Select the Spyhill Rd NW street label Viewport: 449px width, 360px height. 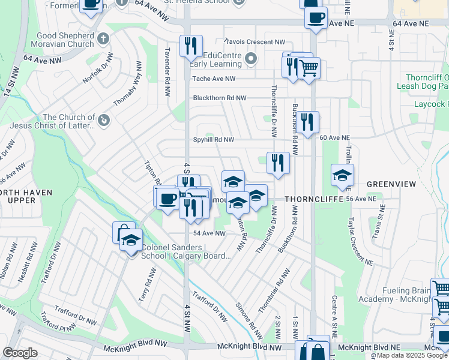click(213, 139)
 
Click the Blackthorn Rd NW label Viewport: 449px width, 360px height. click(220, 98)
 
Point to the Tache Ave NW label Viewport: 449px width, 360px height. click(214, 79)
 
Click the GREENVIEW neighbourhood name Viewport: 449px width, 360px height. click(387, 184)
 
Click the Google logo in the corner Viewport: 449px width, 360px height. click(20, 352)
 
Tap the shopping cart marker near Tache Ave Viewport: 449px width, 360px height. click(309, 69)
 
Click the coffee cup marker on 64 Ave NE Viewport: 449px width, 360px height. click(316, 18)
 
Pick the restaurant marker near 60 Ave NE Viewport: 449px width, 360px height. click(307, 122)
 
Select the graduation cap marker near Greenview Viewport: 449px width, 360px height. click(342, 175)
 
